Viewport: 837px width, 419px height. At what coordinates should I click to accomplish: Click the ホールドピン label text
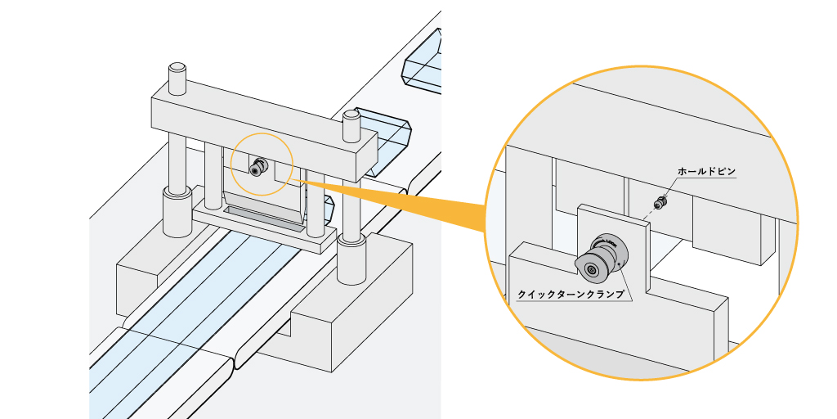pyautogui.click(x=707, y=173)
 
